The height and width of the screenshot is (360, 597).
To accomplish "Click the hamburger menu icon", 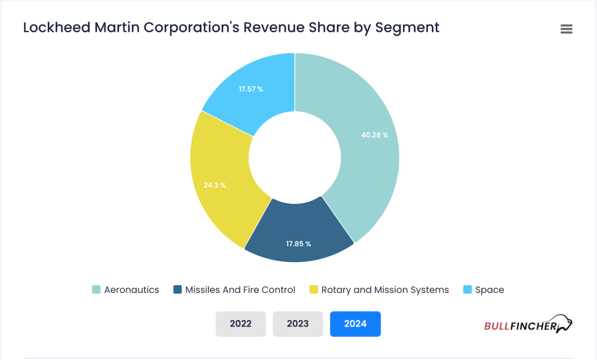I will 566,29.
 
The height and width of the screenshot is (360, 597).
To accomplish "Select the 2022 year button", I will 241,324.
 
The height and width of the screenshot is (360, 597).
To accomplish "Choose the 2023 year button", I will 298,324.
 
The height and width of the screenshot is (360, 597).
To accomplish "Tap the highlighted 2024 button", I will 355,324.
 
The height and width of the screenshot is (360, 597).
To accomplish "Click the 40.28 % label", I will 374,135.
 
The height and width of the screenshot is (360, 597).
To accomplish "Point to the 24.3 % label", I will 215,185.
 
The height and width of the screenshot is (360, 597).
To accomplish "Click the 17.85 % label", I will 298,243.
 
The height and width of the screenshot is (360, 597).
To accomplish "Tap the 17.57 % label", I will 251,89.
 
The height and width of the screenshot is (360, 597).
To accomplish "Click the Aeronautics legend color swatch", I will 96,290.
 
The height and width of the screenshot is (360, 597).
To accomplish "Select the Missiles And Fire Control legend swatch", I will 177,290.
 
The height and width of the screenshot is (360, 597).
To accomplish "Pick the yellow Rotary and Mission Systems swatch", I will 314,290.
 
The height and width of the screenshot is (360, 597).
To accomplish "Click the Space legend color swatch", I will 467,290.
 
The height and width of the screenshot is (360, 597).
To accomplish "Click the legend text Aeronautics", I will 132,290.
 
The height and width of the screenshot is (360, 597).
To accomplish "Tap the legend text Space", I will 490,290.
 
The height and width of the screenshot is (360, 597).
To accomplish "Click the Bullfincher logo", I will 528,324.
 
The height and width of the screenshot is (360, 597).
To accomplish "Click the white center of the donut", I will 295,157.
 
